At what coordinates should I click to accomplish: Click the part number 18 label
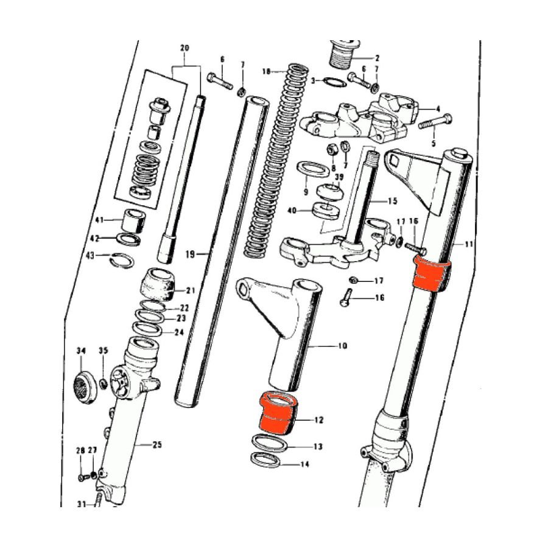pyautogui.click(x=265, y=71)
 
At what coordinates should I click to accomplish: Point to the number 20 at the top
pyautogui.click(x=185, y=47)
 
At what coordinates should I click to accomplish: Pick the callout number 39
pyautogui.click(x=339, y=177)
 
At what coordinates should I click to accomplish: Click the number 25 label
pyautogui.click(x=157, y=445)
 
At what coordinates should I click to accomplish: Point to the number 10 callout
pyautogui.click(x=342, y=346)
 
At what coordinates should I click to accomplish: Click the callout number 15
pyautogui.click(x=392, y=200)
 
